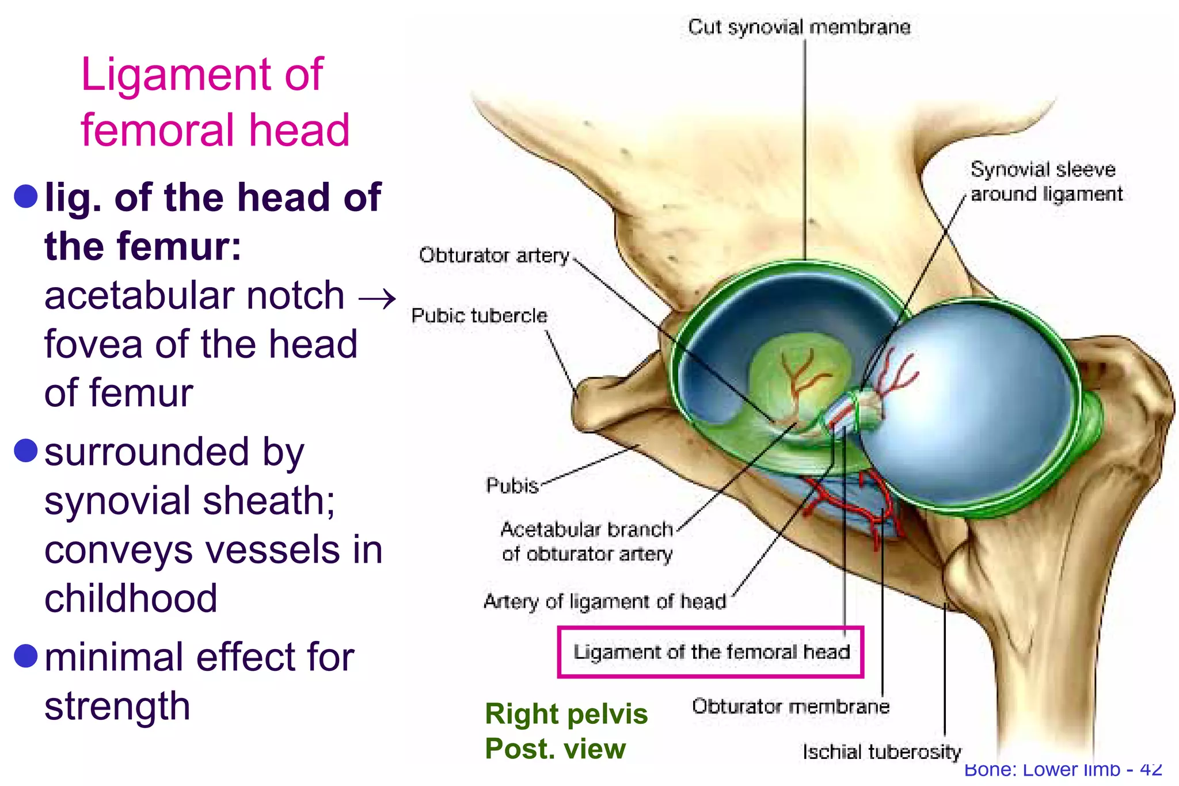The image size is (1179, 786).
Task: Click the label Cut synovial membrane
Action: pyautogui.click(x=799, y=27)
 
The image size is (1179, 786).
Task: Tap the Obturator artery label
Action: pyautogui.click(x=494, y=255)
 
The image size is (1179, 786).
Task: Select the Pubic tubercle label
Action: pyautogui.click(x=479, y=315)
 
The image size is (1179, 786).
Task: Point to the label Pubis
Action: pyautogui.click(x=512, y=486)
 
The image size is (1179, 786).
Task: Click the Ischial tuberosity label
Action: pyautogui.click(x=881, y=751)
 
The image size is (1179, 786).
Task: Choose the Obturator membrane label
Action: pyautogui.click(x=790, y=706)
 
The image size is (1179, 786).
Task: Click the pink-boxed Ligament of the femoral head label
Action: pyautogui.click(x=711, y=652)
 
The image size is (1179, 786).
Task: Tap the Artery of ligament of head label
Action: pyautogui.click(x=604, y=601)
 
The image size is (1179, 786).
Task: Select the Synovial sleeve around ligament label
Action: pyautogui.click(x=1045, y=181)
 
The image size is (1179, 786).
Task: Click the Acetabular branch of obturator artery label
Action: pyautogui.click(x=587, y=541)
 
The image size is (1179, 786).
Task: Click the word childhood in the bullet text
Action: pyautogui.click(x=131, y=598)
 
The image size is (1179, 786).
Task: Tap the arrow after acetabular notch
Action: pyautogui.click(x=377, y=298)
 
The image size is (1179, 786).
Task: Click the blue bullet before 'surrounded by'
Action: pyautogui.click(x=26, y=451)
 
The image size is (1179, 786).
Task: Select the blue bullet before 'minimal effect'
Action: pyautogui.click(x=26, y=656)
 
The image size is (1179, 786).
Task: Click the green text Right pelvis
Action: pyautogui.click(x=566, y=714)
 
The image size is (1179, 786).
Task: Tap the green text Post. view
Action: pyautogui.click(x=554, y=749)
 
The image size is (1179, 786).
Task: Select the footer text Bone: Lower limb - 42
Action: pyautogui.click(x=1063, y=769)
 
